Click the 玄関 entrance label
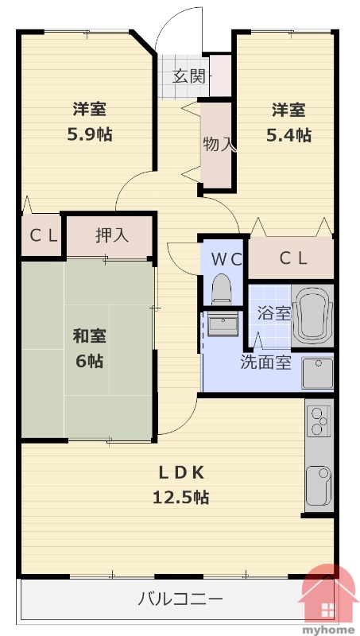(x=189, y=76)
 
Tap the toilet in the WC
(x=222, y=288)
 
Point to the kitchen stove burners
(x=319, y=421)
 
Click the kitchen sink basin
(x=319, y=486)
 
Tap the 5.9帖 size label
(x=90, y=134)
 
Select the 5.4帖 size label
(x=288, y=134)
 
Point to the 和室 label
(x=90, y=336)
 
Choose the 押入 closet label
(x=112, y=235)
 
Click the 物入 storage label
(x=219, y=145)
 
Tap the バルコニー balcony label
(x=180, y=599)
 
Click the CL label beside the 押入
(x=44, y=235)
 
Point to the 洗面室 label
(x=266, y=363)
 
